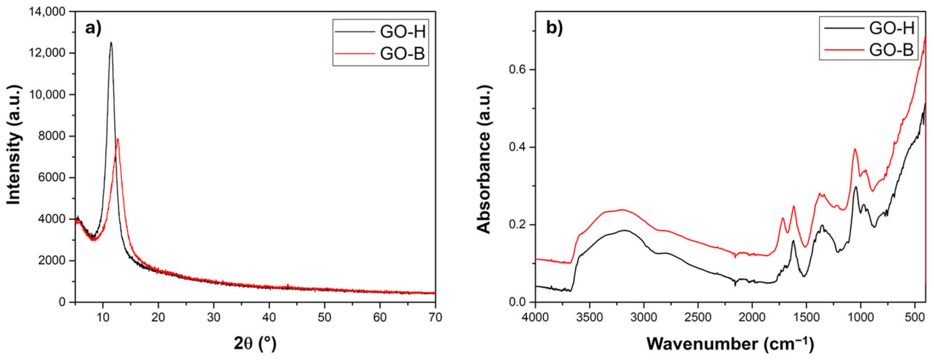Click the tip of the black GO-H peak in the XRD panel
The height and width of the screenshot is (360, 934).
point(111,43)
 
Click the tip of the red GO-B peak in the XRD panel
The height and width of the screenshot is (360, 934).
point(117,139)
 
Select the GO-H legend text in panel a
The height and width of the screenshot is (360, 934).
point(403,32)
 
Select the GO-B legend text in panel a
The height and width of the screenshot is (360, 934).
point(402,54)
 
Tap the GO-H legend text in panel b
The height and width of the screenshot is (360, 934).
point(891,28)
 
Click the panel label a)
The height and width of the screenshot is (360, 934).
point(93,28)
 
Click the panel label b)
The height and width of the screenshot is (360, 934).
point(554,28)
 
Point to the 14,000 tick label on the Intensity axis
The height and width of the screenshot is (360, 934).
point(47,12)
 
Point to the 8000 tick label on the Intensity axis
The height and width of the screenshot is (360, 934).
point(52,136)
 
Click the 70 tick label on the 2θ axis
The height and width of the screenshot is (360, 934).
point(435,317)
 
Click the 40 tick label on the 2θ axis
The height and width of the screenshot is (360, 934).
point(269,317)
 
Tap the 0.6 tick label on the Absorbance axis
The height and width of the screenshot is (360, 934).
point(517,70)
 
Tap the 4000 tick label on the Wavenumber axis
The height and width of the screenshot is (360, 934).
point(535,317)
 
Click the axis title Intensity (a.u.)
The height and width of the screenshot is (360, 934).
point(14,145)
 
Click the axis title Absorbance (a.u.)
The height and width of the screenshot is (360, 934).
point(484,159)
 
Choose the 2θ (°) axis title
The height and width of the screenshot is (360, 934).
point(255,343)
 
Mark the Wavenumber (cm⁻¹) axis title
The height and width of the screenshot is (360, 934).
point(730,343)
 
